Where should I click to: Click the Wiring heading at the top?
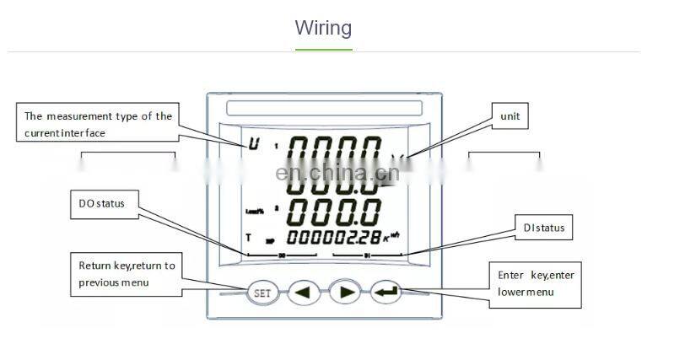pyautogui.click(x=323, y=28)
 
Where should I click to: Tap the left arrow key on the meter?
pyautogui.click(x=304, y=293)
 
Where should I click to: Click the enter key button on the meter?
pyautogui.click(x=385, y=293)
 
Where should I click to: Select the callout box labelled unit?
pyautogui.click(x=510, y=116)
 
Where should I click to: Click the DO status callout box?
pyautogui.click(x=102, y=204)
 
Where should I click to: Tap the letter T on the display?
pyautogui.click(x=250, y=238)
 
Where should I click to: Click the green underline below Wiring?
pyautogui.click(x=323, y=49)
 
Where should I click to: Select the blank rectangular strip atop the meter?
pyautogui.click(x=324, y=109)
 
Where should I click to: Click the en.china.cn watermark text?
pyautogui.click(x=337, y=175)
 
